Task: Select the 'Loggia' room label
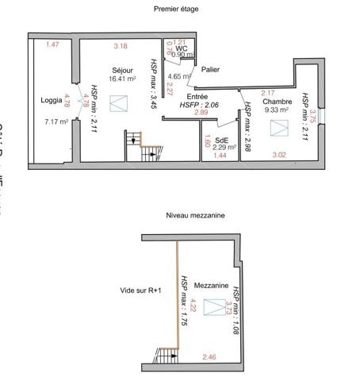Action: (x=52, y=101)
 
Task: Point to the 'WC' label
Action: (x=182, y=48)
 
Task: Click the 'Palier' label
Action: (x=210, y=69)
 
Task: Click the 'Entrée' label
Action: (x=197, y=95)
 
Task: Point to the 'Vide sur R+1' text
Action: (x=140, y=291)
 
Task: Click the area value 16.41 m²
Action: (x=123, y=79)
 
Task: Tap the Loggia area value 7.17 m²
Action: (x=57, y=121)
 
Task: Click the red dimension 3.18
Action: (x=121, y=45)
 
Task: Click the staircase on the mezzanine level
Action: (x=167, y=355)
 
